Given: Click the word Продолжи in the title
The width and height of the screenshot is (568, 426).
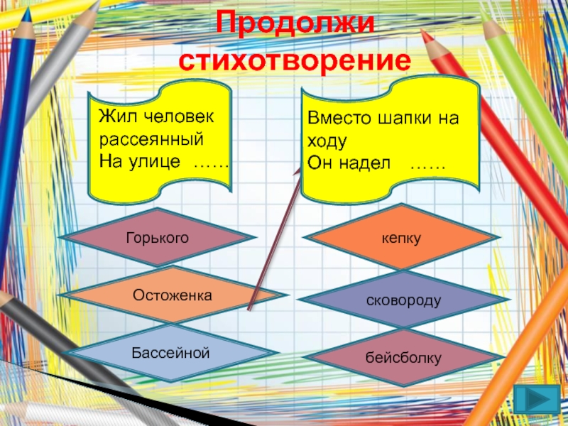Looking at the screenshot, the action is click(293, 23).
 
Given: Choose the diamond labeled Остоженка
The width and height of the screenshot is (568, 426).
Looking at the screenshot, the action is click(173, 293).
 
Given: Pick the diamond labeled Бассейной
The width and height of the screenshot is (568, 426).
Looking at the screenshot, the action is click(170, 351).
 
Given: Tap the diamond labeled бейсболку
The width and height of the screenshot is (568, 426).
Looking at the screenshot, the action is click(403, 359).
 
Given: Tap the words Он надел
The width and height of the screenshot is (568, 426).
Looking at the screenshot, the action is click(349, 164).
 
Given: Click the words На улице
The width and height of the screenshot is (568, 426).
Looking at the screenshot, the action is click(140, 162).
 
